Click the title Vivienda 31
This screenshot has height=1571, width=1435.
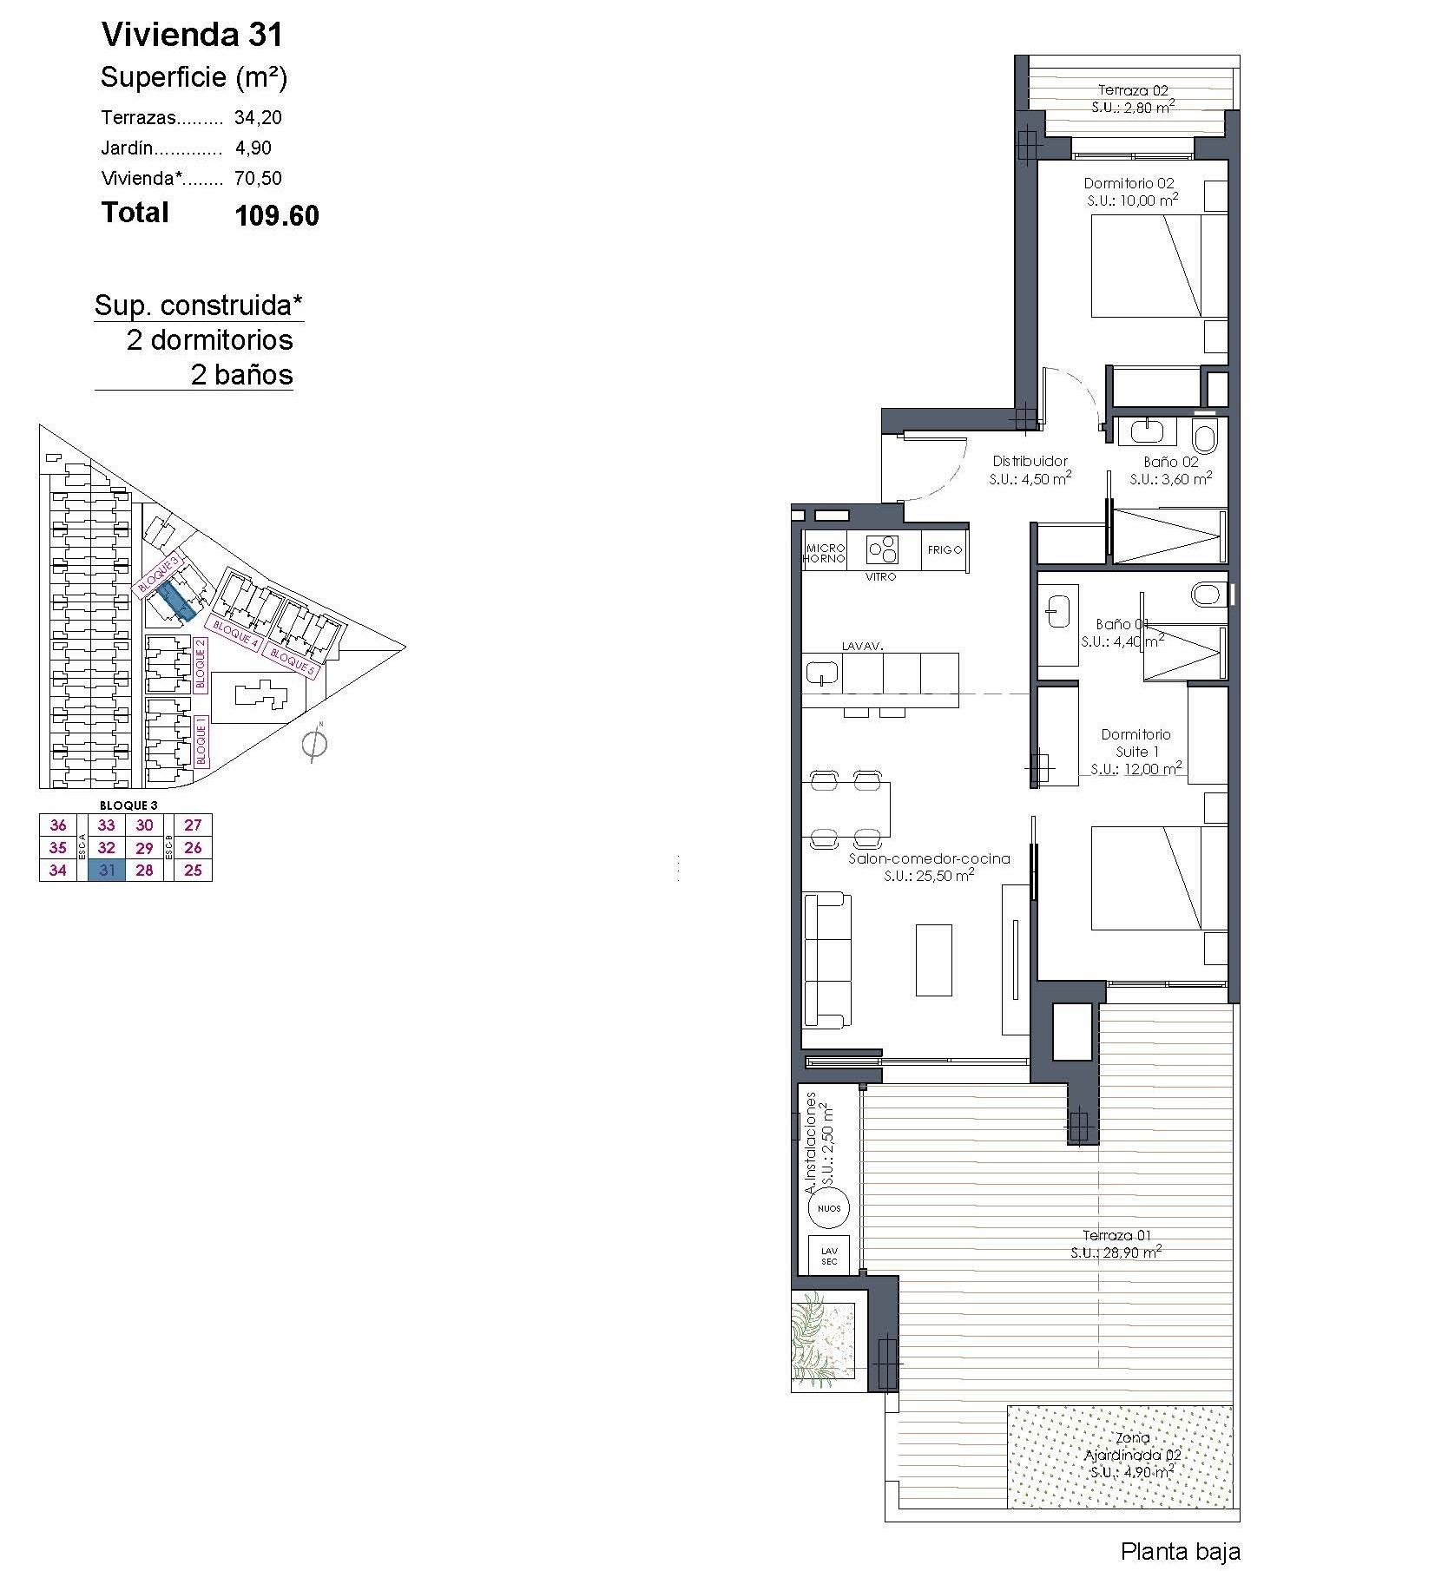[192, 35]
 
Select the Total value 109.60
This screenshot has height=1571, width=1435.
[277, 215]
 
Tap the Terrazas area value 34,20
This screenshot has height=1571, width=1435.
[258, 117]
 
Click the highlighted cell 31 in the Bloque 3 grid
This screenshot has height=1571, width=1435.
[107, 870]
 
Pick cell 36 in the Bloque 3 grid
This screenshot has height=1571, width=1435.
[58, 825]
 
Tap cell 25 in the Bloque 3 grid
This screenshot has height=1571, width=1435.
[193, 870]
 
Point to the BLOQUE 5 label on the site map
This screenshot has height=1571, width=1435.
[292, 661]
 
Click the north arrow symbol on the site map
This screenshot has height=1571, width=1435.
[314, 744]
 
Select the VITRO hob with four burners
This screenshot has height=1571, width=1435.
[882, 549]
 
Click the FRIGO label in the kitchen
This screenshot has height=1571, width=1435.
[944, 549]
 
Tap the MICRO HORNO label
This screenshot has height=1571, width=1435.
[825, 553]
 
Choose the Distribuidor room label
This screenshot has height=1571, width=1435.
[1030, 462]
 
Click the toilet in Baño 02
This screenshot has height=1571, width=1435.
[1205, 436]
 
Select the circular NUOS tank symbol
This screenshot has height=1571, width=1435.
[829, 1208]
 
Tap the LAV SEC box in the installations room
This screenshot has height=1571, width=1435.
[829, 1255]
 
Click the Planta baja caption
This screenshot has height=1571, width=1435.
[1180, 1551]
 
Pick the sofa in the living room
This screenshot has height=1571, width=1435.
[826, 960]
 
